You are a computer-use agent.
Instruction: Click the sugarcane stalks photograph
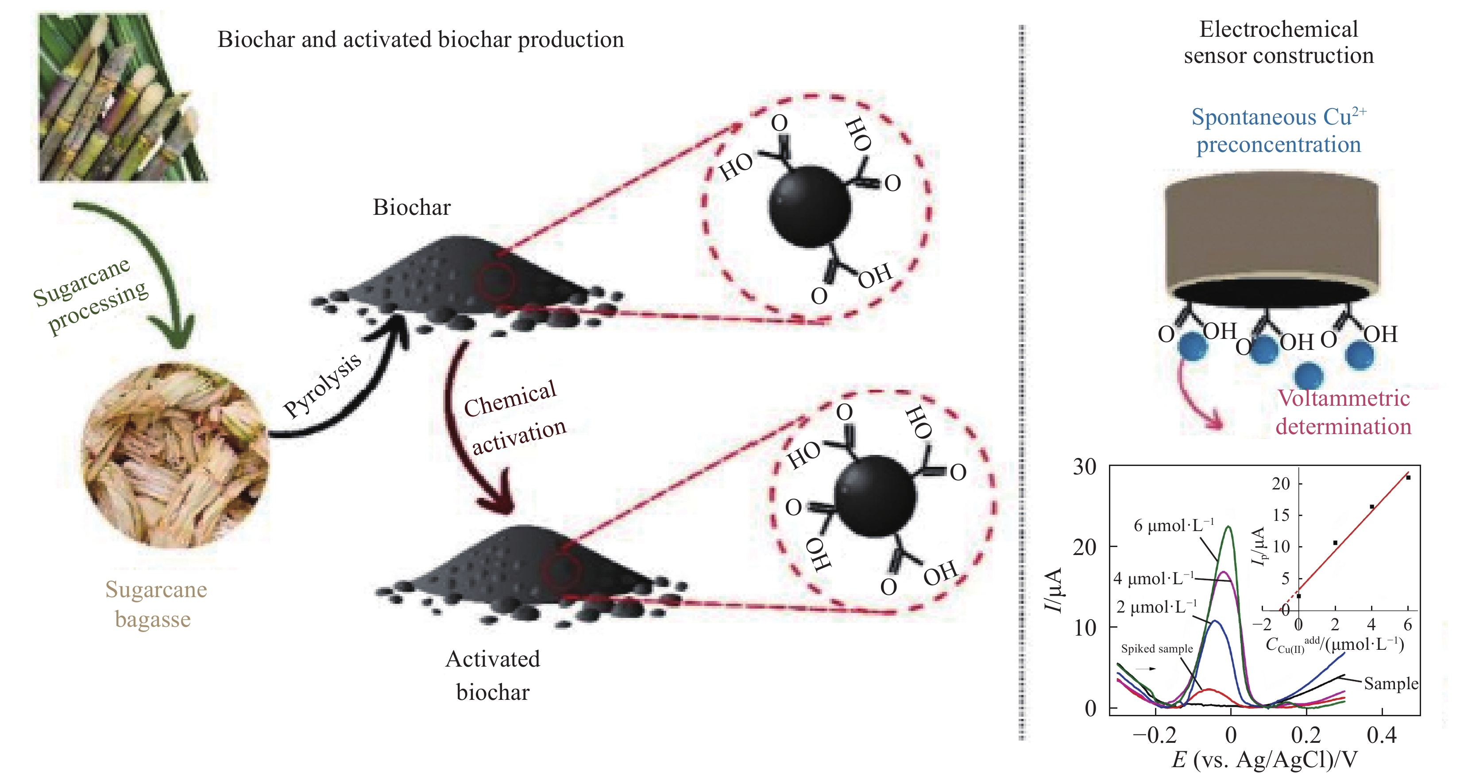[x=122, y=98]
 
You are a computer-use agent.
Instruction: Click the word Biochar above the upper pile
[x=411, y=207]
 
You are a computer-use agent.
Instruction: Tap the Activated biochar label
[x=493, y=675]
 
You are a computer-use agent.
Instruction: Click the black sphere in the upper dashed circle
[x=810, y=206]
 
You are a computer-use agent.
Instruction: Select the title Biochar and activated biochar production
[x=421, y=40]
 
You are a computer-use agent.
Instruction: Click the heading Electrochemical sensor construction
[x=1279, y=43]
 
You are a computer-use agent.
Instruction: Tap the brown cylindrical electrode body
[x=1271, y=233]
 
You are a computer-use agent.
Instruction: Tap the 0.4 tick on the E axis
[x=1382, y=736]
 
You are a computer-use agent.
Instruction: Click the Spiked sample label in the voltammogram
[x=1156, y=649]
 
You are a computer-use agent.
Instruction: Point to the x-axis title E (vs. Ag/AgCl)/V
[x=1264, y=760]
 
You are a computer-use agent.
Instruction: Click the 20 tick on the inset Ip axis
[x=1281, y=484]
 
